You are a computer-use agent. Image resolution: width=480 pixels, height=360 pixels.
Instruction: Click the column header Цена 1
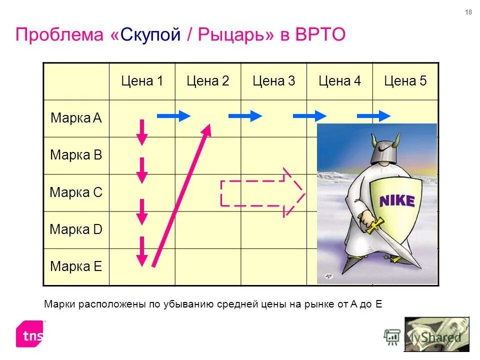pos(142,81)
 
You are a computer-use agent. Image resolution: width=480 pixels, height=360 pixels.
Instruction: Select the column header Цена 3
pos(273,81)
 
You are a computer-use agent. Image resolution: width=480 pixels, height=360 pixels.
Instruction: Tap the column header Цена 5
pos(405,81)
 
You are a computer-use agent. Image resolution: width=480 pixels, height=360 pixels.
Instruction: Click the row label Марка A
pos(76,118)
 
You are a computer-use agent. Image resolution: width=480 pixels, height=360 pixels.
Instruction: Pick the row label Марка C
pos(76,192)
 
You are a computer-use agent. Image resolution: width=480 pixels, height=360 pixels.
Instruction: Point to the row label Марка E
pos(76,266)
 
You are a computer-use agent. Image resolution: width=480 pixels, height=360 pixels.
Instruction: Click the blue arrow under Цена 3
pos(245,116)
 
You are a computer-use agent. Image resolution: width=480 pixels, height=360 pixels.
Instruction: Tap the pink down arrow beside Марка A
pos(142,132)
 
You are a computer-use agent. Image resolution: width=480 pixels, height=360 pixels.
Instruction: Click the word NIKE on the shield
pos(397,201)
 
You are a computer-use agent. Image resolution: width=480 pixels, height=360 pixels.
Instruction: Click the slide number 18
pos(468,12)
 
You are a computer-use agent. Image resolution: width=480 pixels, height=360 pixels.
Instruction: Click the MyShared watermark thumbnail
pos(436,334)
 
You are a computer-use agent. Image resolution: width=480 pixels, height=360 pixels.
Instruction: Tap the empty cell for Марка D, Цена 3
pos(273,229)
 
